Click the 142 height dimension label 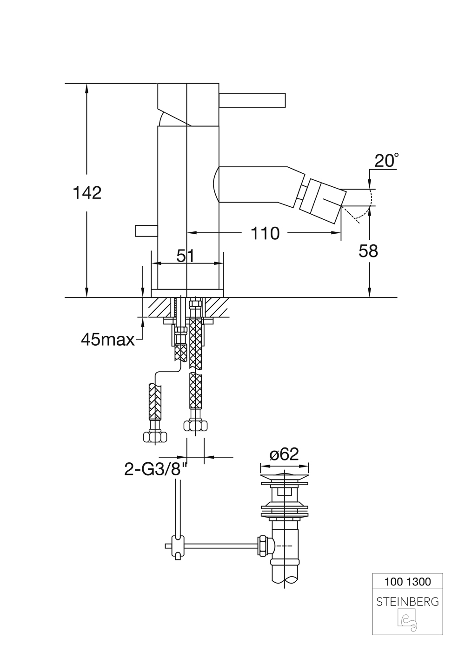[x=87, y=192]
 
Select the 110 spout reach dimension [x=265, y=233]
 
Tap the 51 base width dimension [x=185, y=256]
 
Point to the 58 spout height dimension [x=368, y=251]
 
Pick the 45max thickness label [x=107, y=340]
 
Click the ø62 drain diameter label [x=284, y=454]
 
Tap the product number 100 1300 [x=407, y=581]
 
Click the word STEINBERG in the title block [x=407, y=602]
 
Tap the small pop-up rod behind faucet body [x=146, y=230]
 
